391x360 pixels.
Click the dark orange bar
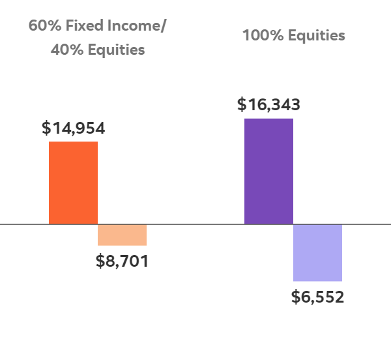[73, 183]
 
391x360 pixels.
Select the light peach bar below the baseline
[122, 235]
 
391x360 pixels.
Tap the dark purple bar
[268, 171]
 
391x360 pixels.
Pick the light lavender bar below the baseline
[317, 252]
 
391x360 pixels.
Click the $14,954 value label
[73, 128]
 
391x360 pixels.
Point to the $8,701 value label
[122, 262]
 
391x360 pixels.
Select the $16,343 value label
[268, 104]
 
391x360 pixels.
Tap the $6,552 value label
[317, 297]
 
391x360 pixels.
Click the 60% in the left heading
[41, 26]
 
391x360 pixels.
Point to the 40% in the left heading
[64, 50]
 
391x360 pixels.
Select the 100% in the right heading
[257, 35]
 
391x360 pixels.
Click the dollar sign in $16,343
[242, 104]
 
